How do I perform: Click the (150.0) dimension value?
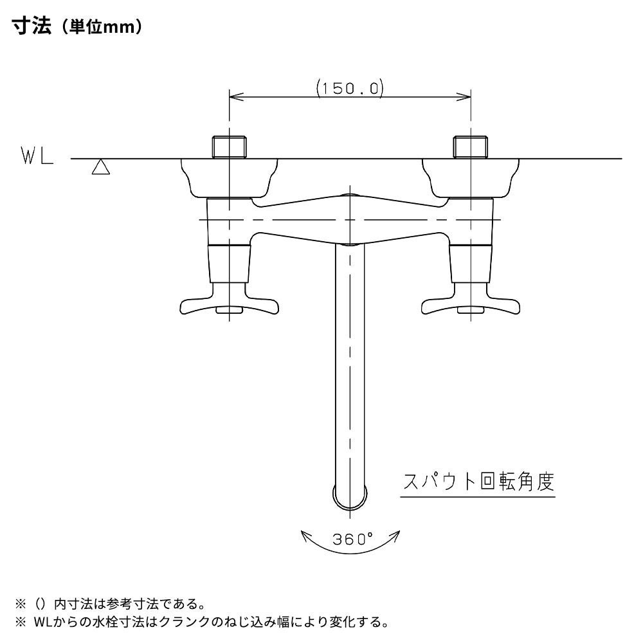350,88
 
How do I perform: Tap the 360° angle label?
352,539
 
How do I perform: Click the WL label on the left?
37,156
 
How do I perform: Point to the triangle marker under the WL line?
100,167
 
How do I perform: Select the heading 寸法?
32,26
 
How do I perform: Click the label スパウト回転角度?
478,482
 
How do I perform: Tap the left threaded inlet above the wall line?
230,147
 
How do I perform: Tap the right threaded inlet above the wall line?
471,147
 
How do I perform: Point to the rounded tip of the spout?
350,499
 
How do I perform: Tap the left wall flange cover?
230,178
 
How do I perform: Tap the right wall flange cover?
471,178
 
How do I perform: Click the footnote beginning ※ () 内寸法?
110,604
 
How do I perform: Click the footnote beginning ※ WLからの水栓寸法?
202,622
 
